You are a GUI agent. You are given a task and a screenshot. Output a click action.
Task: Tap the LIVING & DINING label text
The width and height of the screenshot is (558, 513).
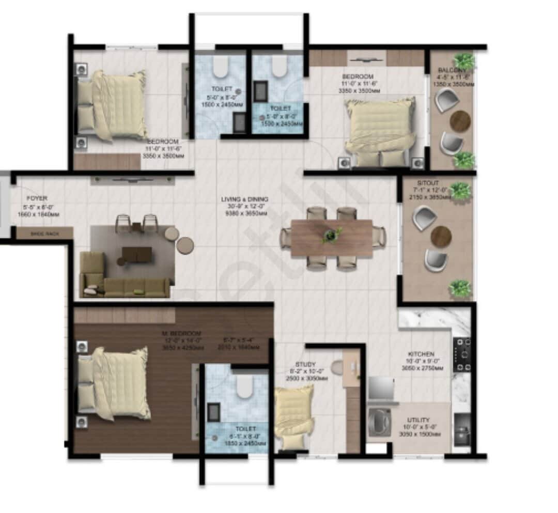click(x=244, y=199)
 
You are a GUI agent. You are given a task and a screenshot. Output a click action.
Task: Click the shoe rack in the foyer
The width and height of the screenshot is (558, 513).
click(x=44, y=234)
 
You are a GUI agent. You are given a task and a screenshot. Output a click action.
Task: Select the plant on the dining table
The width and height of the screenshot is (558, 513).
click(x=331, y=235)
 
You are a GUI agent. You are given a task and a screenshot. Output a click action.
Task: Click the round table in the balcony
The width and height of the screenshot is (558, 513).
click(x=460, y=122)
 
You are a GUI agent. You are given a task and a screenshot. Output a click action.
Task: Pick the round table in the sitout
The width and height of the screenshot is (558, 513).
click(x=441, y=237)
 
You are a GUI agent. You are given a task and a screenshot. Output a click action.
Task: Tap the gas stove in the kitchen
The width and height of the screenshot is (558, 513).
click(x=461, y=354)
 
